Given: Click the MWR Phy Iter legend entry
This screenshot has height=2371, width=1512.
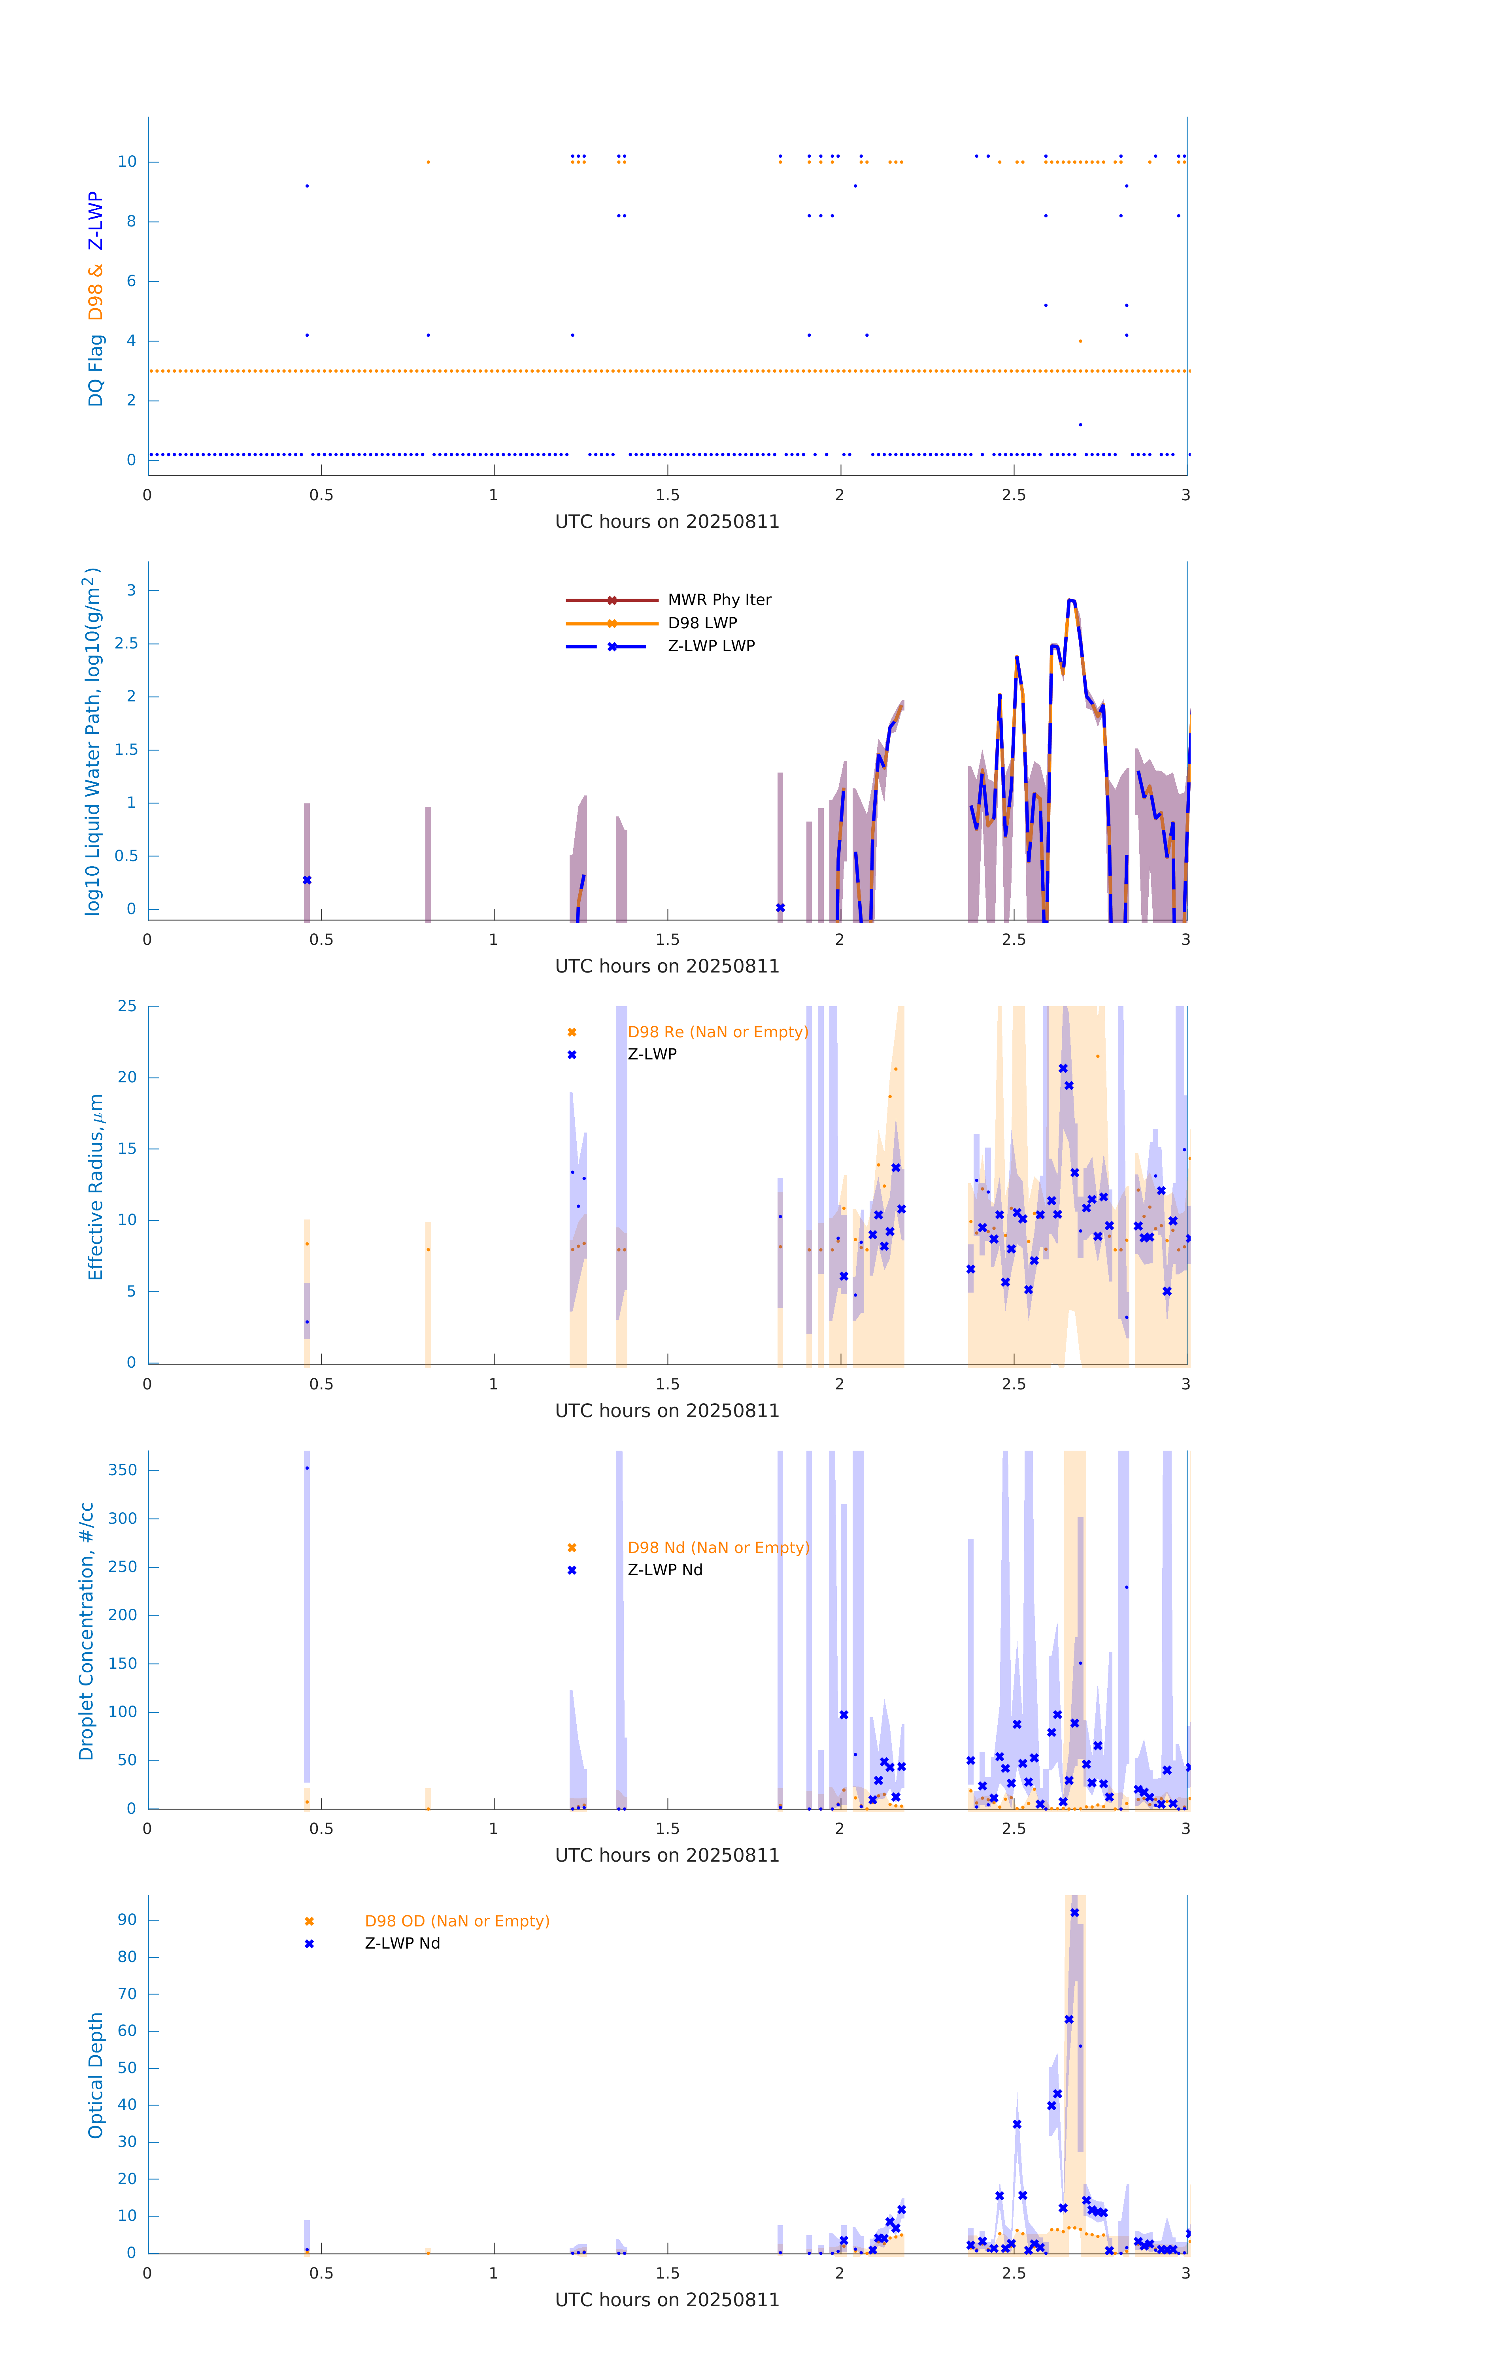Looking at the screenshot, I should [719, 599].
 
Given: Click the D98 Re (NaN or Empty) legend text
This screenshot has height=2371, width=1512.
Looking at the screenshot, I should [717, 1032].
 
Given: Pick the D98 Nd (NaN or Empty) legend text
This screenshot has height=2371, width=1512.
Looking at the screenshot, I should [718, 1548].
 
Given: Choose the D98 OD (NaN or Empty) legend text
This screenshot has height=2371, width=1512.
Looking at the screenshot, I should [457, 1921].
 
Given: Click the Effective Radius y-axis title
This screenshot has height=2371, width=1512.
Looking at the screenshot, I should [96, 1186].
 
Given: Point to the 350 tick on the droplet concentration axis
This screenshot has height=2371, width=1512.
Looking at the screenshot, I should [123, 1470].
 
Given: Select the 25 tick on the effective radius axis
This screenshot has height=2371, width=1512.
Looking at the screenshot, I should [127, 1006].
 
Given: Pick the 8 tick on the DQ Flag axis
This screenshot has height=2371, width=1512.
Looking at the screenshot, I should [131, 222].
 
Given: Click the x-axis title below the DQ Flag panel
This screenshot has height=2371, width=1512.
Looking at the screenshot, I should [667, 522].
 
